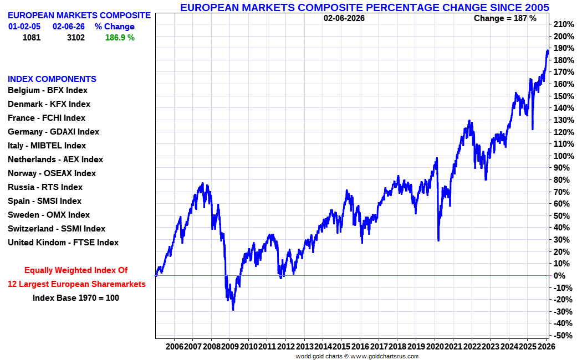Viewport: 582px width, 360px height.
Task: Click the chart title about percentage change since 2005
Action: (x=365, y=7)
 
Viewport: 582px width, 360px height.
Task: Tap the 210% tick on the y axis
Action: (x=563, y=24)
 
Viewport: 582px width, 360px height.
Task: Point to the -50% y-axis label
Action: (x=563, y=336)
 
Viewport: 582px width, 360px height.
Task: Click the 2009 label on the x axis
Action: (x=230, y=346)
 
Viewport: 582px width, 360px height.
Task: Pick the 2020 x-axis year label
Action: (x=435, y=346)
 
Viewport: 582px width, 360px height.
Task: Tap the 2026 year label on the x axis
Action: (x=547, y=346)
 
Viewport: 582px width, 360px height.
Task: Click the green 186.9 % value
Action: (x=120, y=38)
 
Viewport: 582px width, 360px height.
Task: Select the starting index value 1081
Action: (x=32, y=38)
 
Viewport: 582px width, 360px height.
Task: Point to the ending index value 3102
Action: (x=76, y=38)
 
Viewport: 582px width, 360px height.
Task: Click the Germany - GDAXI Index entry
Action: (x=53, y=132)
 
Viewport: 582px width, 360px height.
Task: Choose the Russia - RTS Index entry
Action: (x=45, y=187)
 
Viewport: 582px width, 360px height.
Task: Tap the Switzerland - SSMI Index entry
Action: (x=56, y=229)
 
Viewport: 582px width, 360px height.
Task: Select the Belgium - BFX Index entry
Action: (x=48, y=90)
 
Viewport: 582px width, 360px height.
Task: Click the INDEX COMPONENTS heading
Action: (x=52, y=79)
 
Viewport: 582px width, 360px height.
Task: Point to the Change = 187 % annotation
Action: (x=505, y=18)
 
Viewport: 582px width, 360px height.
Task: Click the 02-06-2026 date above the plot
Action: (x=344, y=18)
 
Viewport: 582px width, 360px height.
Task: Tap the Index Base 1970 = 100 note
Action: (x=76, y=298)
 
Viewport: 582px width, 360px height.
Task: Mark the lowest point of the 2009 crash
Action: (x=233, y=310)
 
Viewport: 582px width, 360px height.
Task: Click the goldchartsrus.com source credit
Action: (x=357, y=356)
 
